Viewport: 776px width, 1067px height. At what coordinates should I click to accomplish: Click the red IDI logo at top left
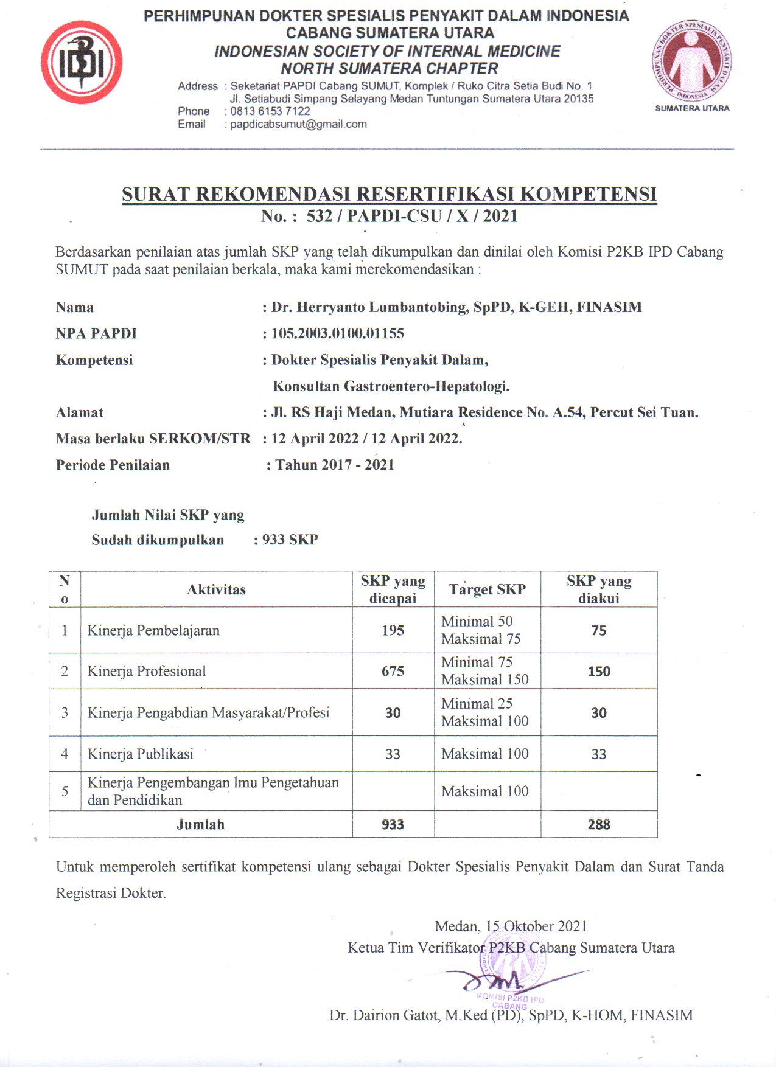click(x=82, y=62)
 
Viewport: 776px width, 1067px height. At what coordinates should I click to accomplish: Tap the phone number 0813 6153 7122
click(x=270, y=111)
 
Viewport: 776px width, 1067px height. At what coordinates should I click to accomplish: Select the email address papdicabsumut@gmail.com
click(x=298, y=124)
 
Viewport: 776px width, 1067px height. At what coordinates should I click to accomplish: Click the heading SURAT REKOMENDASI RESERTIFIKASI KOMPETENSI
click(x=389, y=194)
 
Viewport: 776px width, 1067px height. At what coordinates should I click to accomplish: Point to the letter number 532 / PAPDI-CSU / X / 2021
click(x=412, y=216)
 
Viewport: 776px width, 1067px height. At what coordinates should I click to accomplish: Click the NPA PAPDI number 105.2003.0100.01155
click(x=338, y=333)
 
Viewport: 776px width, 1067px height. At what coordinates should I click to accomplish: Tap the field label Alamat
click(x=80, y=412)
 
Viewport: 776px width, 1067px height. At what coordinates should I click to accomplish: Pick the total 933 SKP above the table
click(x=290, y=540)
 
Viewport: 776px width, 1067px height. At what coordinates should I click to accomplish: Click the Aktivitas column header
click(x=216, y=589)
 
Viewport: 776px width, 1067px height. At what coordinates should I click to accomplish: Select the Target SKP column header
click(x=487, y=589)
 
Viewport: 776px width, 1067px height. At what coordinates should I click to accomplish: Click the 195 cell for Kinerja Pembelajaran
click(x=393, y=630)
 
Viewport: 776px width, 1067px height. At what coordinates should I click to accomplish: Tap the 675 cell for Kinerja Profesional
click(x=393, y=671)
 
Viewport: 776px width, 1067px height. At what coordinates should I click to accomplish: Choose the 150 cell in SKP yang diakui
click(x=599, y=672)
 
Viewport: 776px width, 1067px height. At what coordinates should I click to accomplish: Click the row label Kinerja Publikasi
click(x=141, y=754)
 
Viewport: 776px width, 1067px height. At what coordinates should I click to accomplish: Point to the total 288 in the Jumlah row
click(x=599, y=824)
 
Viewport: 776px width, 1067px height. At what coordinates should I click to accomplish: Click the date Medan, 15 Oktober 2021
click(x=511, y=926)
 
